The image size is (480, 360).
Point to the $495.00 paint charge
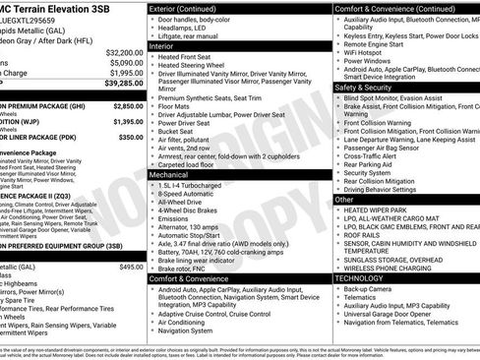[x=131, y=267]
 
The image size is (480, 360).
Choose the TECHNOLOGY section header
[x=362, y=278]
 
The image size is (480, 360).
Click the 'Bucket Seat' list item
[x=180, y=130]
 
